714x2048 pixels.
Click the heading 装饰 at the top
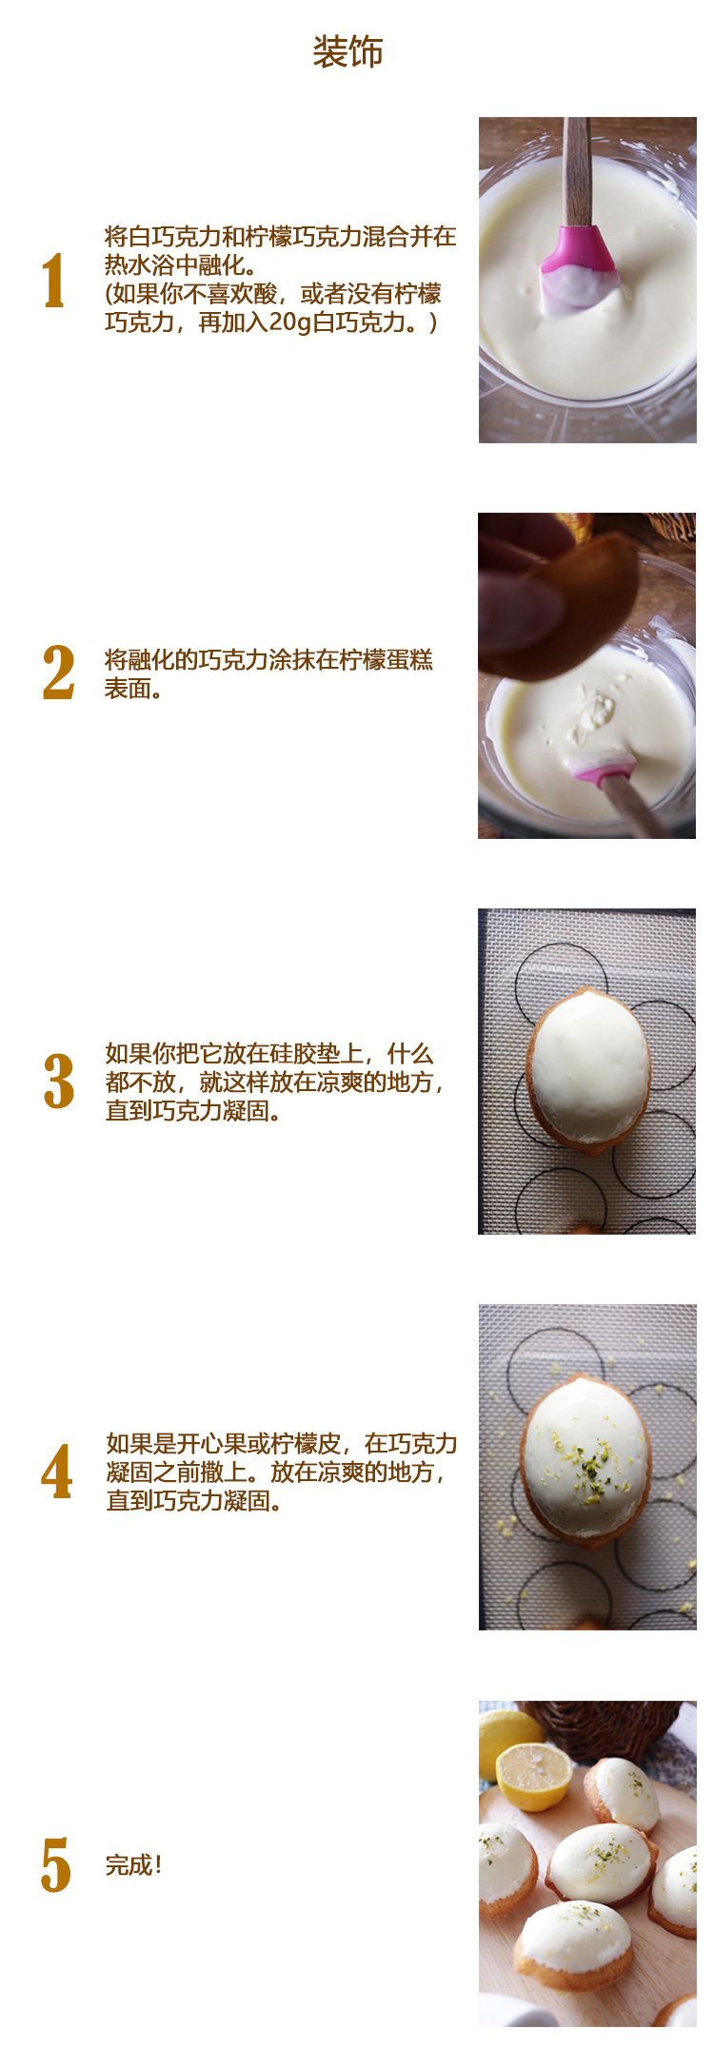[347, 52]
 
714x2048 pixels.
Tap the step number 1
[54, 281]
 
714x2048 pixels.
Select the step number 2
[58, 673]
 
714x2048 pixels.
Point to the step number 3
[59, 1082]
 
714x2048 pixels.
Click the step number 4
[57, 1472]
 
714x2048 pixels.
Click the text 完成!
[133, 1865]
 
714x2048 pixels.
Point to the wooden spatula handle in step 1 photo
[577, 171]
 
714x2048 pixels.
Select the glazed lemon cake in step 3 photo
[588, 1070]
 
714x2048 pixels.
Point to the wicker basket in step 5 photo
[605, 1726]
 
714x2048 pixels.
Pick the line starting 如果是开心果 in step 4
[281, 1443]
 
